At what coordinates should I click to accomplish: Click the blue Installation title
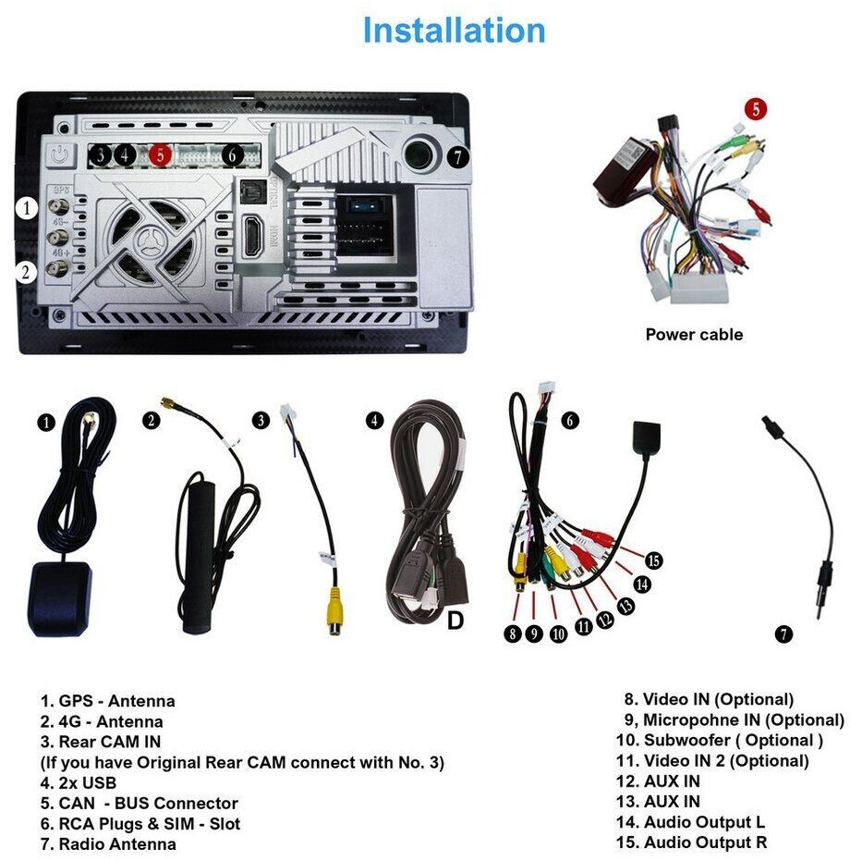(x=454, y=31)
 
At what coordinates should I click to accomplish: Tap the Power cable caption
(x=693, y=335)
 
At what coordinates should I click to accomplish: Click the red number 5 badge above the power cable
(x=756, y=108)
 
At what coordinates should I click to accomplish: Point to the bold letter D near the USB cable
(x=455, y=621)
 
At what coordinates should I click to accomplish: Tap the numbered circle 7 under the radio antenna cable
(x=783, y=634)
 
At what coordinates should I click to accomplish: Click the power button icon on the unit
(x=62, y=154)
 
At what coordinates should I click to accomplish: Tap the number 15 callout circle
(x=654, y=560)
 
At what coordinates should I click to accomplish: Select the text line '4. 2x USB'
(x=79, y=783)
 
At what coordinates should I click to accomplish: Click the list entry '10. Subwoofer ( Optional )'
(x=719, y=740)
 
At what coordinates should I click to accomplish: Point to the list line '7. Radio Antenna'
(x=108, y=843)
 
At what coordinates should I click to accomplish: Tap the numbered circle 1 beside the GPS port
(x=28, y=208)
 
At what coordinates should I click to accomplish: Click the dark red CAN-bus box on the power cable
(x=621, y=166)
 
